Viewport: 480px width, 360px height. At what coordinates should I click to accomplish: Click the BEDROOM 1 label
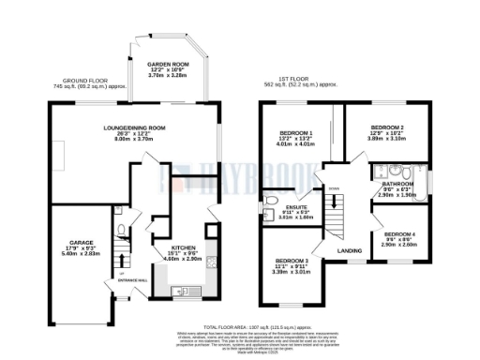click(299, 133)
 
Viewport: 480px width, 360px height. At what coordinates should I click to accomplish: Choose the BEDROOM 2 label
click(386, 127)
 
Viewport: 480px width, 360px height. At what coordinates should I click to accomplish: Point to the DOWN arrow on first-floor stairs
click(333, 188)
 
